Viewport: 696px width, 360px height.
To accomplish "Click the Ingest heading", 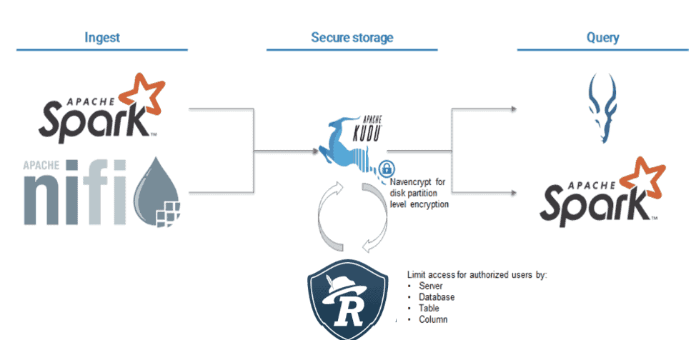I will pyautogui.click(x=101, y=37).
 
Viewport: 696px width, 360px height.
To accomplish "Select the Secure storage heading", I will pyautogui.click(x=352, y=37).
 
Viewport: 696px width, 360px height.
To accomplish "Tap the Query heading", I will pyautogui.click(x=602, y=37).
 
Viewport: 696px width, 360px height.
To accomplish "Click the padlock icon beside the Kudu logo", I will pyautogui.click(x=386, y=169).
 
